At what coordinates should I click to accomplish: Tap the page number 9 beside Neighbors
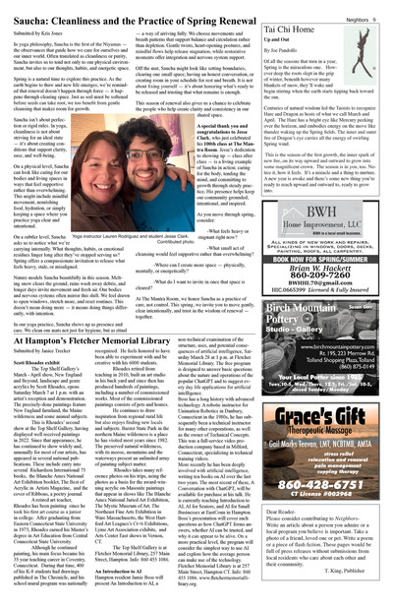(x=379, y=7)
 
